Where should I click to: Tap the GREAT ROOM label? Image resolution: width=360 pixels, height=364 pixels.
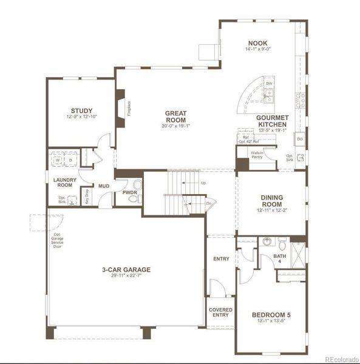point(176,116)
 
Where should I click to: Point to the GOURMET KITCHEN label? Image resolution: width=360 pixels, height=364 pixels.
point(276,120)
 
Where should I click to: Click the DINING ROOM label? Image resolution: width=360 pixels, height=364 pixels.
point(271,201)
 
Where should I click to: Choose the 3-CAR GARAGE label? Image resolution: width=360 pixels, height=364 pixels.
point(126,269)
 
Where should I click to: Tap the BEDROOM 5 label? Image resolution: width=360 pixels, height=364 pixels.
point(271,315)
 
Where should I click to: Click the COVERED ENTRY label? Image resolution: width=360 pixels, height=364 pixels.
point(220,312)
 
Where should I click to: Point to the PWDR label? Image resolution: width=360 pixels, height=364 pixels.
point(129,192)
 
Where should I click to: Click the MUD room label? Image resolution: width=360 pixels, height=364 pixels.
point(104,186)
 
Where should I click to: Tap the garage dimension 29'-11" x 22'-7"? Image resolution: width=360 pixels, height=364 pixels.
point(126,276)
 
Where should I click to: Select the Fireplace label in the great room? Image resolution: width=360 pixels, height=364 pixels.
point(129,107)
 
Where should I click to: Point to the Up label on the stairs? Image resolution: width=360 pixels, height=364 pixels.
point(203,183)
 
